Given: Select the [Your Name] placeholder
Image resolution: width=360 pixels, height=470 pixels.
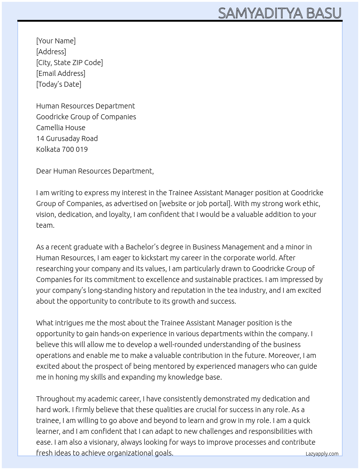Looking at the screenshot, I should [x=56, y=41].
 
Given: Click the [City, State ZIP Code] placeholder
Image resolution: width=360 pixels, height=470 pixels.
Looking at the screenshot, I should [x=69, y=63].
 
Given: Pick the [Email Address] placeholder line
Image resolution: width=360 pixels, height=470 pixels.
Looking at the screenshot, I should [x=61, y=73].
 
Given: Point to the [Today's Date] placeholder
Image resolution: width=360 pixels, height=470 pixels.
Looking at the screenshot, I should [x=59, y=84].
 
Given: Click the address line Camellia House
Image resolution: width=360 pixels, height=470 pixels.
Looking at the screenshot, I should [x=61, y=128].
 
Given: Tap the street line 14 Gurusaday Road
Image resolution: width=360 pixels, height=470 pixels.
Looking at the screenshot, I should [x=67, y=138].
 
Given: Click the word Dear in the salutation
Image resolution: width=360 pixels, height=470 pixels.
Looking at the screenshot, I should [x=44, y=171].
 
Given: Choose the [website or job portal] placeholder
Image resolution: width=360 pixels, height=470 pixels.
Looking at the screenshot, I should [x=195, y=204].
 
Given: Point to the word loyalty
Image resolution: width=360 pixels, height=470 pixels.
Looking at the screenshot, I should [x=120, y=214].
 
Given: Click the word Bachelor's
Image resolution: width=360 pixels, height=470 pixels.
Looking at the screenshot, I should [x=143, y=247].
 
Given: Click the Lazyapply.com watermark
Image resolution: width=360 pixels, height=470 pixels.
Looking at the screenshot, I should [x=322, y=454].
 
